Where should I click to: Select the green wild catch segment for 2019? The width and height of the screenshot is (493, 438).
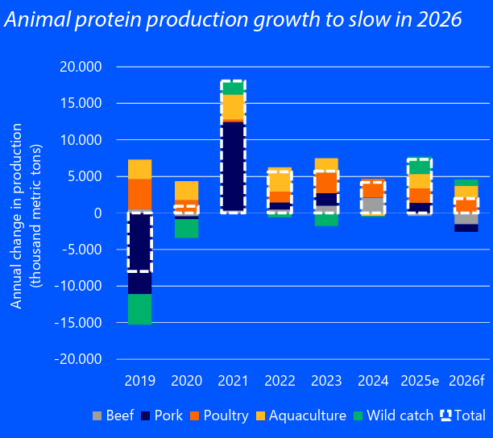tap(139, 309)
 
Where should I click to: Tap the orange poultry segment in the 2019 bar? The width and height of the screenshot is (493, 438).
tap(139, 194)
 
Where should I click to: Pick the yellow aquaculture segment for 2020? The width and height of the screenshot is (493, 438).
tap(186, 190)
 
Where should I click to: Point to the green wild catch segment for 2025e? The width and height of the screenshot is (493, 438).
tap(420, 166)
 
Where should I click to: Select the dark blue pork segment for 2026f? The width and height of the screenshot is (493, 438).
tap(466, 228)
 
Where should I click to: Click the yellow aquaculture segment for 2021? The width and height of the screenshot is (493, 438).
tap(233, 107)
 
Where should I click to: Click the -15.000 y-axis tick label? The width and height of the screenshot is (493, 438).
tap(78, 323)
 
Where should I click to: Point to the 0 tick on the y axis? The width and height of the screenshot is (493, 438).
tap(97, 213)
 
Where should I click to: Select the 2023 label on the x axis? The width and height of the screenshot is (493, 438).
tap(326, 379)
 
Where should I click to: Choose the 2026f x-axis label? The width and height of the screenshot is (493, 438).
tap(466, 379)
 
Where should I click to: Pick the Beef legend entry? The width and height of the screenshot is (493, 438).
tap(114, 415)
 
